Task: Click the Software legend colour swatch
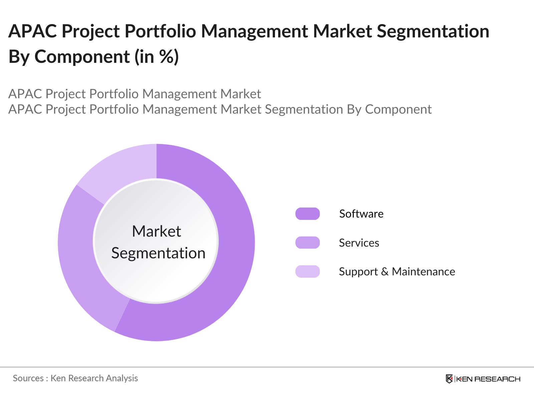coord(307,214)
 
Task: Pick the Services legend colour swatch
coord(307,243)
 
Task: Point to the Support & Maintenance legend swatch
coord(307,271)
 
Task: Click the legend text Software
coord(361,214)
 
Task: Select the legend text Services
coord(359,243)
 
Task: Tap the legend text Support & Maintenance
coord(397,272)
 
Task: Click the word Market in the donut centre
coord(156,231)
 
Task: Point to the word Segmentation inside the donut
coord(158,253)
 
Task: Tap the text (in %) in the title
coord(157,56)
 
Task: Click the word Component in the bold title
coord(82,56)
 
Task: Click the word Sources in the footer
coord(28,378)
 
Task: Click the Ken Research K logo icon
coord(449,379)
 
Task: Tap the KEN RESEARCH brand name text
coord(488,379)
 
